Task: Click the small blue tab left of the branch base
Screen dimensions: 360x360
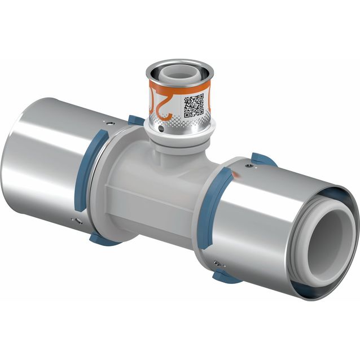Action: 135,120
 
